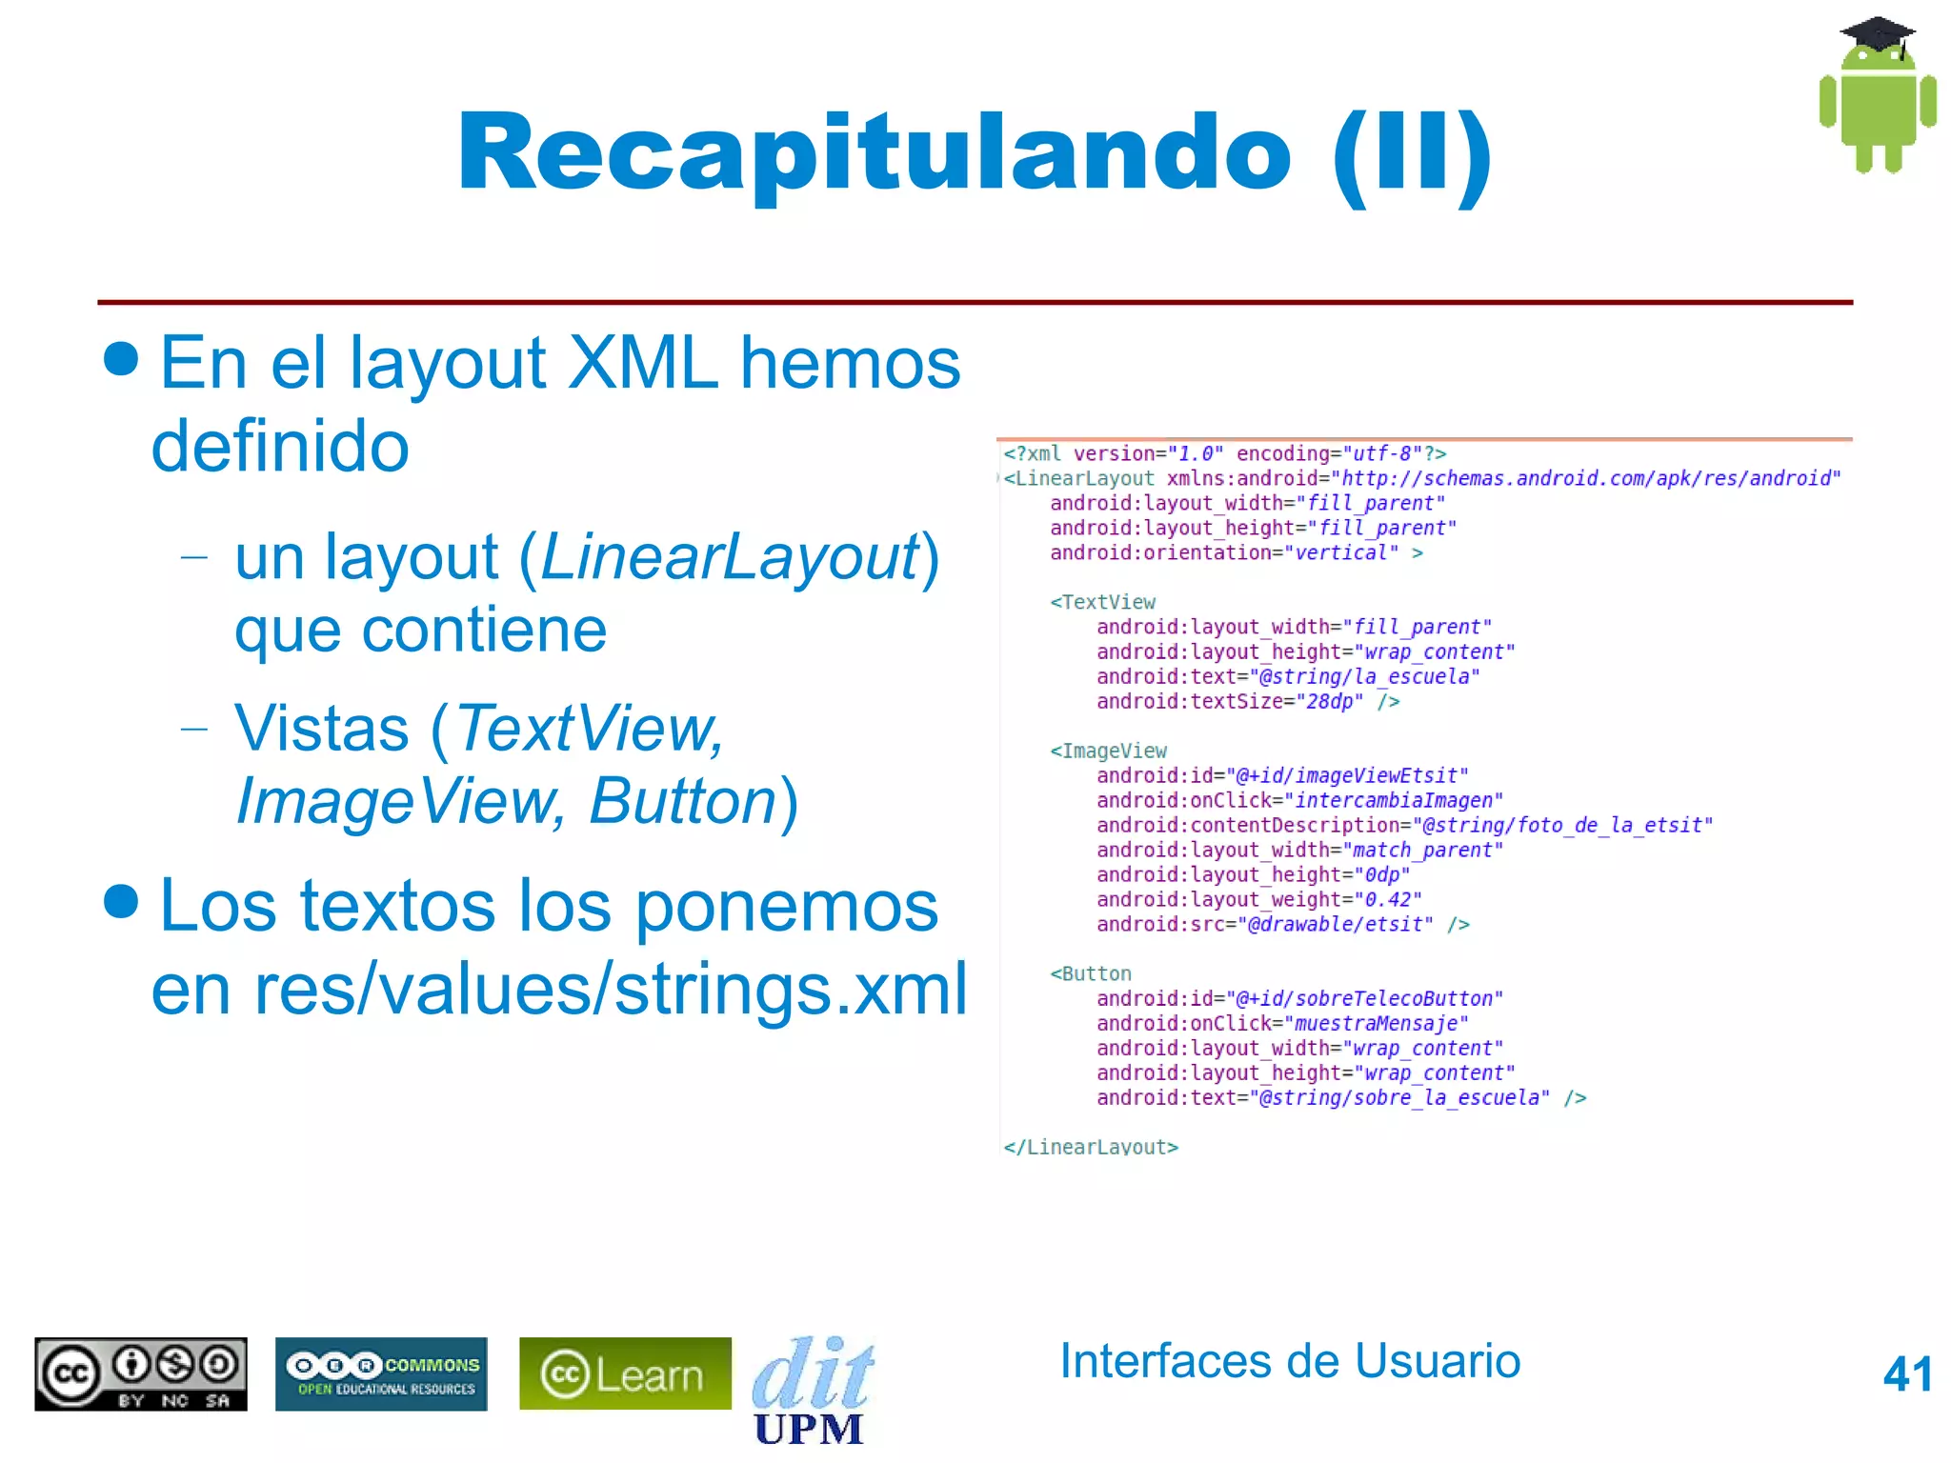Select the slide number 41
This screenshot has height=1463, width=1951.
[1907, 1374]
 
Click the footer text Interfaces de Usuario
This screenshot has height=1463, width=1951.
[1290, 1360]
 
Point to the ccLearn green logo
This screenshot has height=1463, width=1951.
[625, 1373]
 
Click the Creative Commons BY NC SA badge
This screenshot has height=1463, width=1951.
[141, 1373]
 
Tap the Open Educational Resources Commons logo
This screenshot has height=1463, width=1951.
[381, 1373]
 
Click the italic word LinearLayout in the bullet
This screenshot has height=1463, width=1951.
[730, 557]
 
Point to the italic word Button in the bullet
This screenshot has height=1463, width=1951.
[683, 801]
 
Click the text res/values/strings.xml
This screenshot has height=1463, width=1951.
[610, 989]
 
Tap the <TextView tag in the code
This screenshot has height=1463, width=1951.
[1102, 602]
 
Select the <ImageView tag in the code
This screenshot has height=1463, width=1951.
[1108, 751]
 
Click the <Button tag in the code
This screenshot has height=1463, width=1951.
[1091, 973]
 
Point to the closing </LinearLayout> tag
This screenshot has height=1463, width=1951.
[1091, 1147]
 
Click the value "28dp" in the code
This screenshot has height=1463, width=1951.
[1329, 702]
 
